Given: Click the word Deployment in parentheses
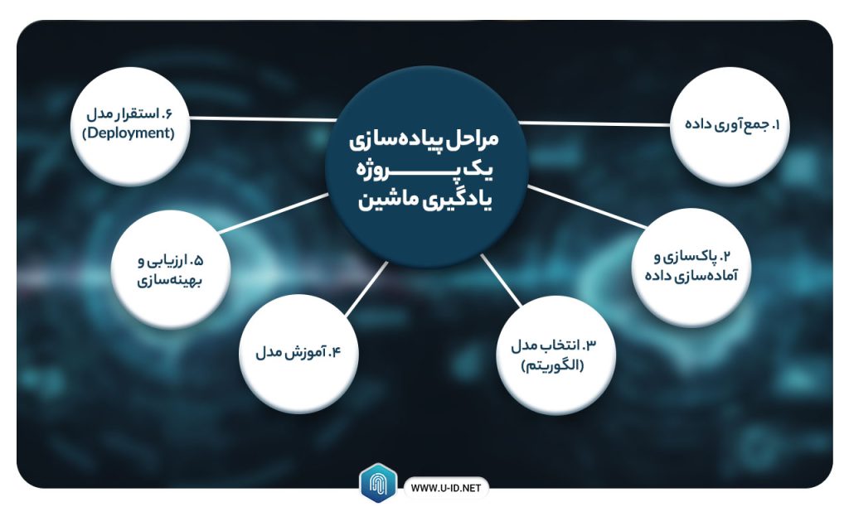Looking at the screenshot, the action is point(129,133).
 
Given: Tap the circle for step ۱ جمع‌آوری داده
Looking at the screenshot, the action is point(730,126).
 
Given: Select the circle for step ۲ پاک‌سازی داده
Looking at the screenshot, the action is point(691,267).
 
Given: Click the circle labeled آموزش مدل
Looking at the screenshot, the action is point(298,354).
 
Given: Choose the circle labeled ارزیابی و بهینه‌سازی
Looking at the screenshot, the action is point(171,269).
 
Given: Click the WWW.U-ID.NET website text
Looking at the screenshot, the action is point(445,488).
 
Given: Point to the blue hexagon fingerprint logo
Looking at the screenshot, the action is point(378,483).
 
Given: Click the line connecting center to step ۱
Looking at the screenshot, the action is point(594,123).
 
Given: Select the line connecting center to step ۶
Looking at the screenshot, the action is point(263,118).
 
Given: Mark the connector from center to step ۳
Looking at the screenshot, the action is point(501,281).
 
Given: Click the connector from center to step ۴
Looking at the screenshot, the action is point(366,289).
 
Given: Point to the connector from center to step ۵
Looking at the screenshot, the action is point(274,213).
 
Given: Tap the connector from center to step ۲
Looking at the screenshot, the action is point(587,206).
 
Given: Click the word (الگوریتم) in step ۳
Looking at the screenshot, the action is point(553,366).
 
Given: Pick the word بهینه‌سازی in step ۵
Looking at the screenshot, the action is point(169,282).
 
